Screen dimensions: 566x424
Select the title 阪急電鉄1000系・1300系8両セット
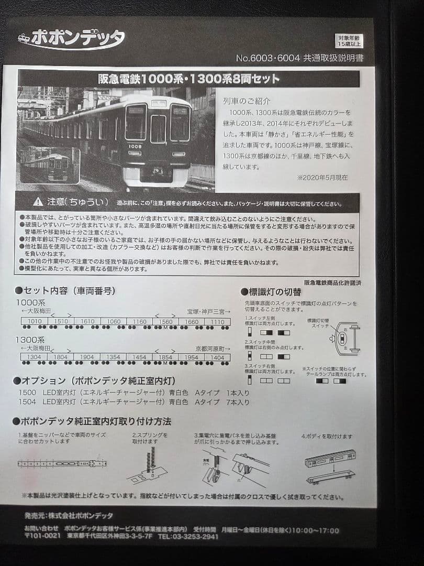pos(189,79)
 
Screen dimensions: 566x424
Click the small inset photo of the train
pos(50,165)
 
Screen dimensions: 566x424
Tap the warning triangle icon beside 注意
pos(37,202)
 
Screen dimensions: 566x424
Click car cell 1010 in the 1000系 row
pos(35,321)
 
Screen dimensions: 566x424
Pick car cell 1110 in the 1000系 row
pos(217,321)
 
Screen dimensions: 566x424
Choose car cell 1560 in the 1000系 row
pos(165,321)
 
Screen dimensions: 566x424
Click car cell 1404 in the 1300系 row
pos(217,357)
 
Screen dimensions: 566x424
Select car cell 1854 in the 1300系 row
pos(165,357)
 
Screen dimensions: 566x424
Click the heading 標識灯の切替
pos(277,292)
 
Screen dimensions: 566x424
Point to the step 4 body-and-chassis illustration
pos(330,465)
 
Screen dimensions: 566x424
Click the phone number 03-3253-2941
pos(188,537)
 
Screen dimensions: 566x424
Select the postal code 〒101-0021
pos(41,537)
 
